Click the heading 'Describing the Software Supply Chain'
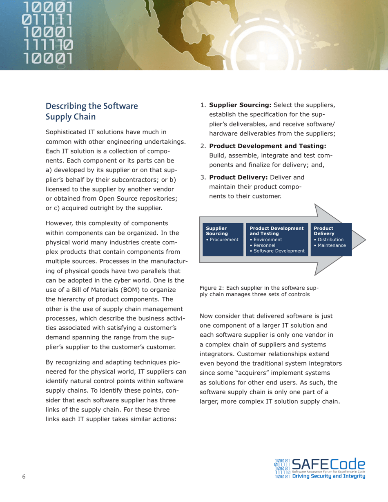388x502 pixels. pos(91,111)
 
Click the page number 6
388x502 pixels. pos(24,477)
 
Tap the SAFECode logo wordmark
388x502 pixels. pos(328,464)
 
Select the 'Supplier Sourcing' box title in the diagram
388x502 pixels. pos(217,231)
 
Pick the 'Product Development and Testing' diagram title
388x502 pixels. pos(277,231)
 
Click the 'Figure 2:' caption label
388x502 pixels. pos(212,288)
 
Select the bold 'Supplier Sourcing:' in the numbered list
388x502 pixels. pos(240,105)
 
